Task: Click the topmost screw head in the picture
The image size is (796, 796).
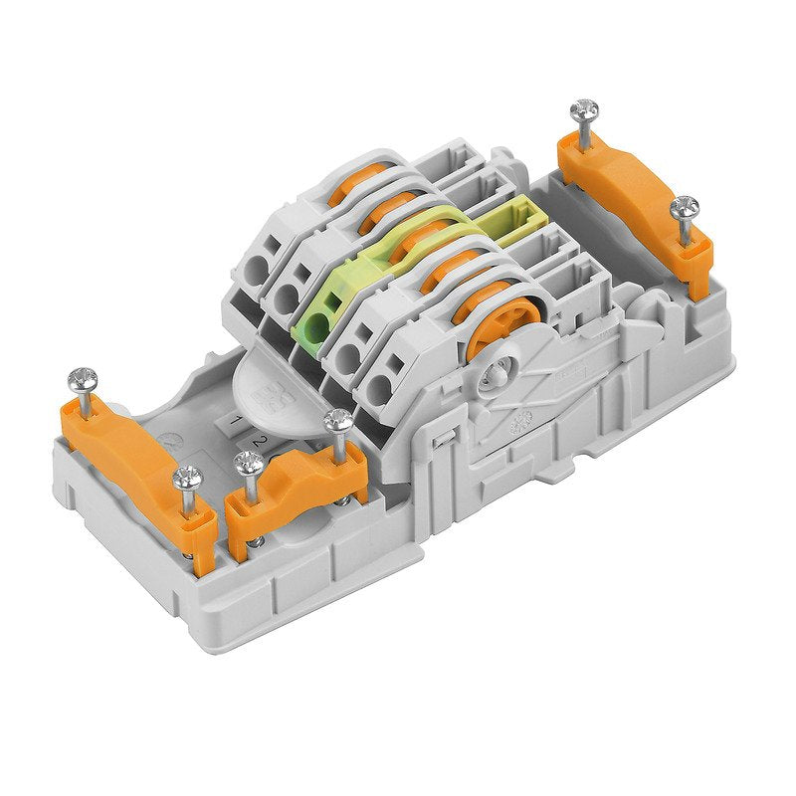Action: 585,108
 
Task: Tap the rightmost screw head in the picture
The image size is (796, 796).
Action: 684,208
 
